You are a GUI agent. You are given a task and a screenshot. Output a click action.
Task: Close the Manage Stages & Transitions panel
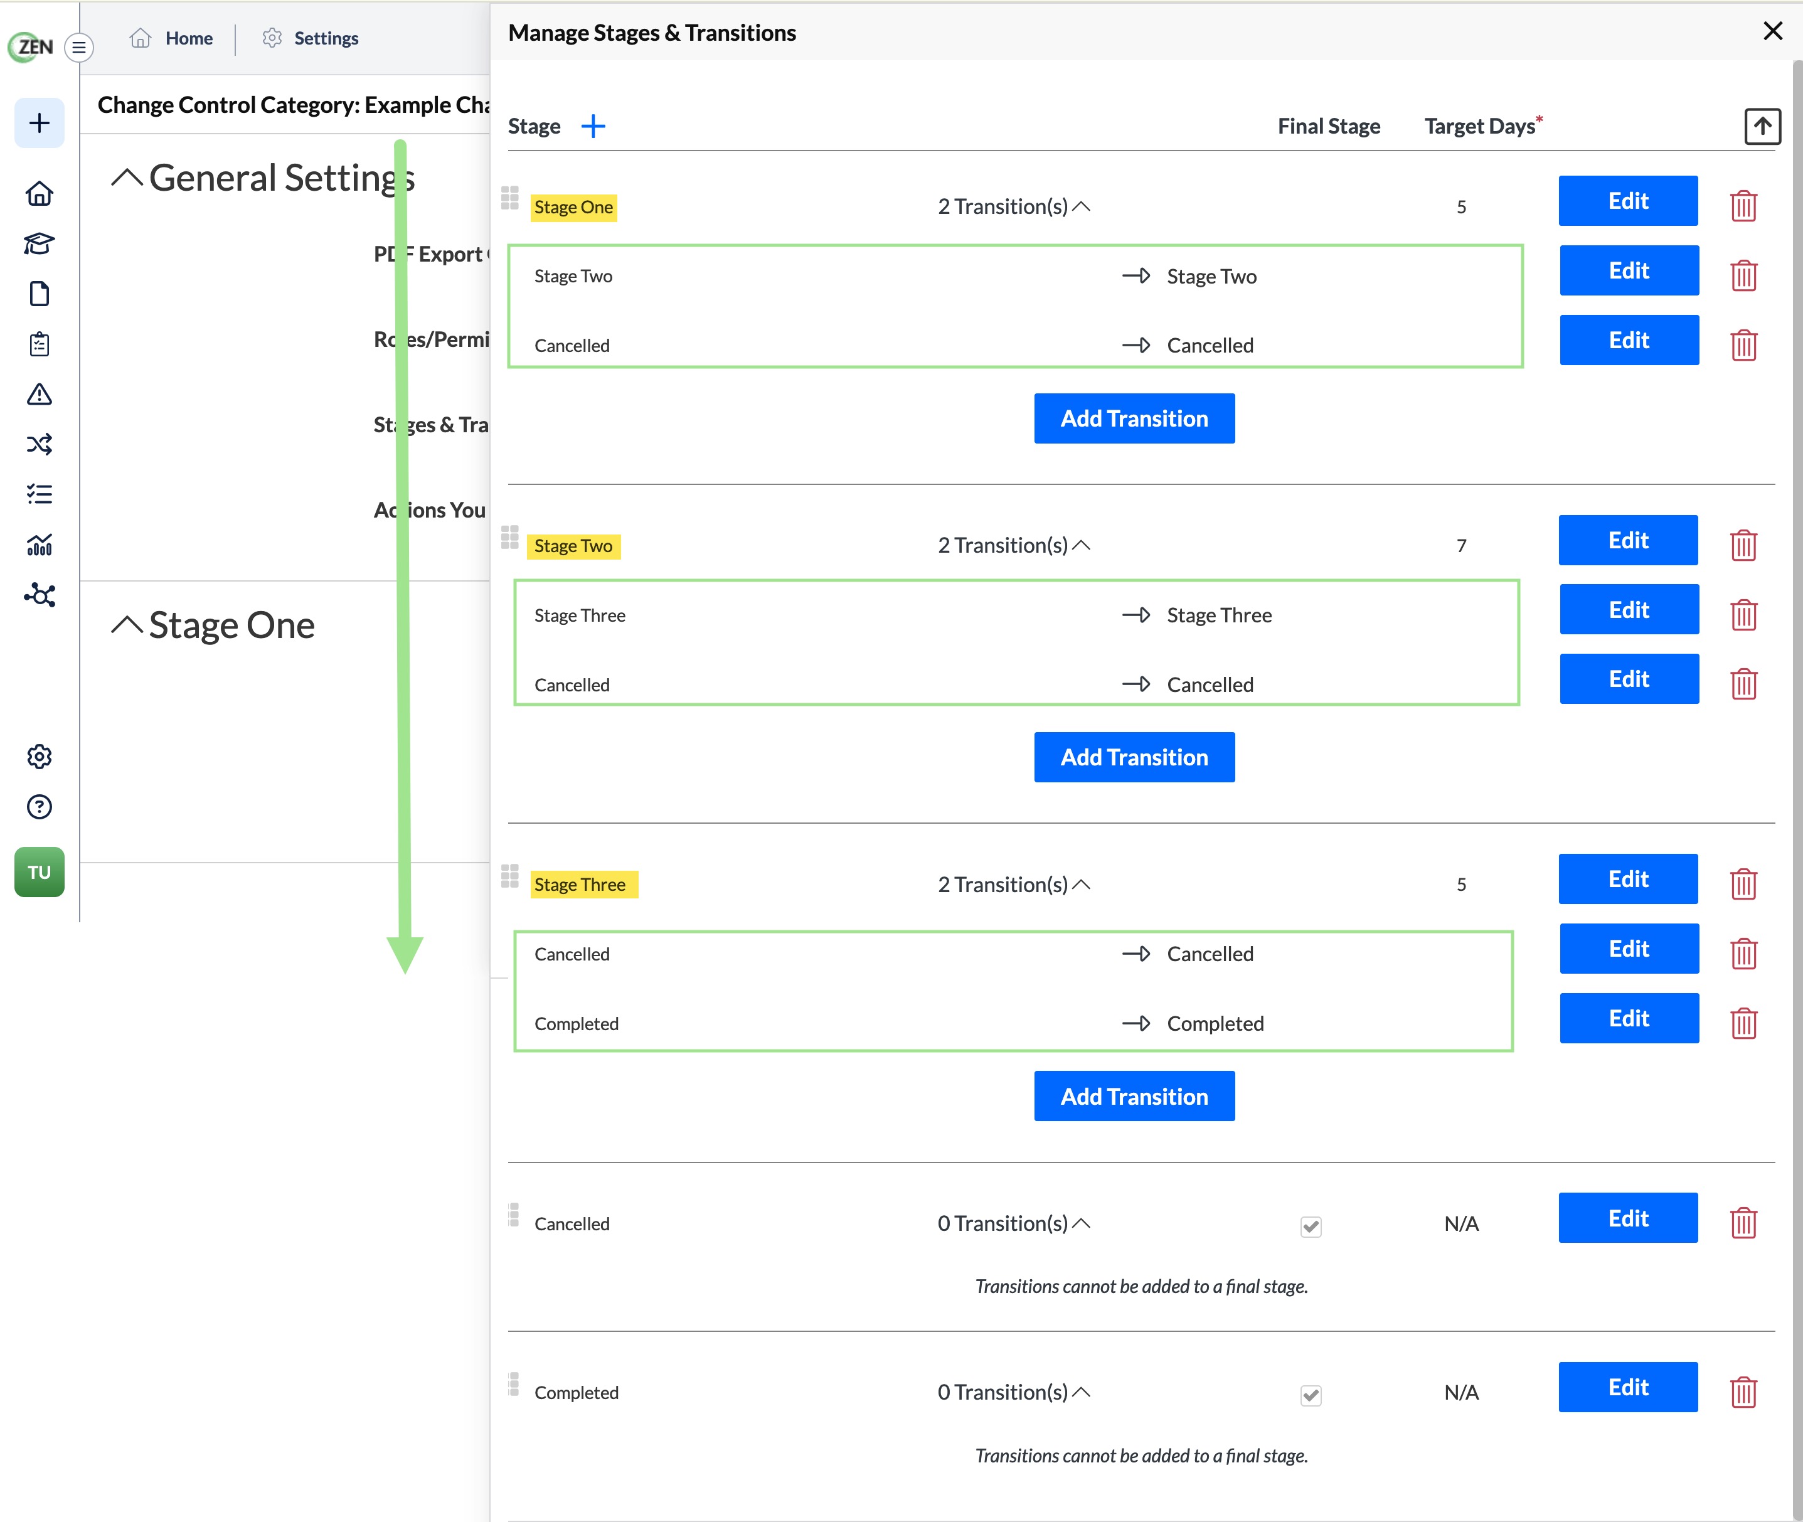(x=1772, y=31)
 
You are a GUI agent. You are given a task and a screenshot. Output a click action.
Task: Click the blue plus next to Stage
(x=593, y=126)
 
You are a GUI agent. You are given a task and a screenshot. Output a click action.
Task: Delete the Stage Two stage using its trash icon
(x=1743, y=545)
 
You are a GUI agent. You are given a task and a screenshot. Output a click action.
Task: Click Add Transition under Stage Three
(x=1134, y=1096)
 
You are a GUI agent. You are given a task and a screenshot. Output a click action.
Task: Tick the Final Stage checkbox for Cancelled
(x=1311, y=1226)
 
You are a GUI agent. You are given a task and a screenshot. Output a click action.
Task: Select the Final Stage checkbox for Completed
(x=1311, y=1395)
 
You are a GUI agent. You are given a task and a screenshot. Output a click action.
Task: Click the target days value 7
(x=1461, y=545)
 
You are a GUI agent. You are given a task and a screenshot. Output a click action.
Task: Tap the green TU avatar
(x=39, y=871)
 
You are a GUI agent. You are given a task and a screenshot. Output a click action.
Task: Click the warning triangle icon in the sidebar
(x=39, y=395)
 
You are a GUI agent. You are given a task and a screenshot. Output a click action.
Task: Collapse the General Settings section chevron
(x=127, y=178)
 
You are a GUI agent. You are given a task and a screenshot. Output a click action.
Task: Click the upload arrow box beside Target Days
(x=1762, y=127)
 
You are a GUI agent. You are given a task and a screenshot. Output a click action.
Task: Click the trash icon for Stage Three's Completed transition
(x=1743, y=1023)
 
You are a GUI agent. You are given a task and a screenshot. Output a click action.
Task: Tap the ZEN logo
(x=31, y=46)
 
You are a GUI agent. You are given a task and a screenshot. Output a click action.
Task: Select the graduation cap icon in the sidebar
(x=39, y=244)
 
